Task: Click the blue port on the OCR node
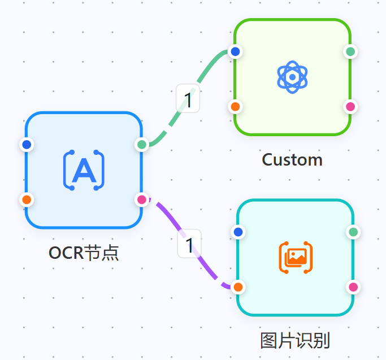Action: pyautogui.click(x=26, y=145)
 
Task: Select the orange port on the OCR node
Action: pyautogui.click(x=26, y=199)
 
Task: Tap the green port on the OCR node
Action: pyautogui.click(x=142, y=145)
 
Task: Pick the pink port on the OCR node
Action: pyautogui.click(x=142, y=199)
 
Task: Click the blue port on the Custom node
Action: pyautogui.click(x=236, y=51)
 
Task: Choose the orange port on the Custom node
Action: pyautogui.click(x=236, y=106)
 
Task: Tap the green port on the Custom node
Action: pyautogui.click(x=350, y=51)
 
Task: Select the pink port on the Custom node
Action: pyautogui.click(x=350, y=106)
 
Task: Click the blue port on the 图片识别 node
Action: pyautogui.click(x=238, y=232)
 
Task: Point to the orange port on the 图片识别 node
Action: pyautogui.click(x=238, y=287)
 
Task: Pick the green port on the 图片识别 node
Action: pyautogui.click(x=353, y=232)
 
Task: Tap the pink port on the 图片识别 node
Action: pyautogui.click(x=353, y=287)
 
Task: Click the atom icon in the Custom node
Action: pyautogui.click(x=292, y=77)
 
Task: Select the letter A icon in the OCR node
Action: pyautogui.click(x=84, y=170)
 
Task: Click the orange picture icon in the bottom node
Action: pyautogui.click(x=296, y=258)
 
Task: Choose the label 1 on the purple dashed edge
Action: pyautogui.click(x=189, y=245)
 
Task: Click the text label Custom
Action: pyautogui.click(x=292, y=160)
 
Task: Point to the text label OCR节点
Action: pyautogui.click(x=84, y=253)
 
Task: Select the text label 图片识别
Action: pyautogui.click(x=294, y=341)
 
